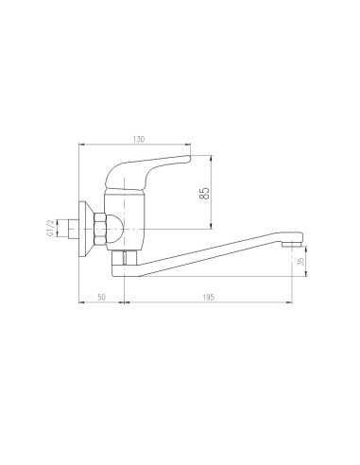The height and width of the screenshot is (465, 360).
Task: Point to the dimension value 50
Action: pos(101,298)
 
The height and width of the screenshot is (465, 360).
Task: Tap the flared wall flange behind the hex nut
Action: pos(88,227)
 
